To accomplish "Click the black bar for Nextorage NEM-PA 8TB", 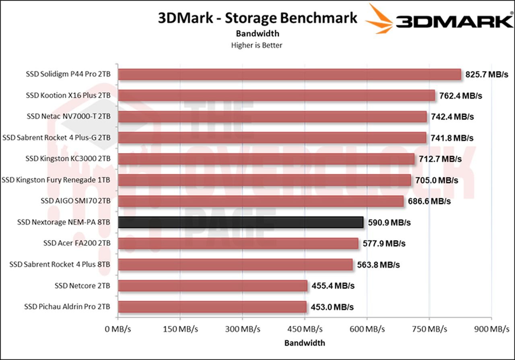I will (241, 222).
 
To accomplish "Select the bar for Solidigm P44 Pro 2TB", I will (289, 74).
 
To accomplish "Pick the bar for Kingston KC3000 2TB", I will (266, 159).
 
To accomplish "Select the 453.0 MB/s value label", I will (332, 307).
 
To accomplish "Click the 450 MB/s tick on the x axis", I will (305, 329).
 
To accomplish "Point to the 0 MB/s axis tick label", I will (118, 329).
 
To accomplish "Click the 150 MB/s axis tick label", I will (180, 329).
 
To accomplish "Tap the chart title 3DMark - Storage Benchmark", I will (257, 18).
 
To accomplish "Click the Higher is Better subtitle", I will (257, 45).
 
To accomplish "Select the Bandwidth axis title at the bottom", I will (305, 343).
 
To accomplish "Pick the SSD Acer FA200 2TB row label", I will (77, 243).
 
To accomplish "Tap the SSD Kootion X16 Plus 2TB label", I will (68, 95).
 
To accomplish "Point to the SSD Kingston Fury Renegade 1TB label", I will (56, 180).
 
